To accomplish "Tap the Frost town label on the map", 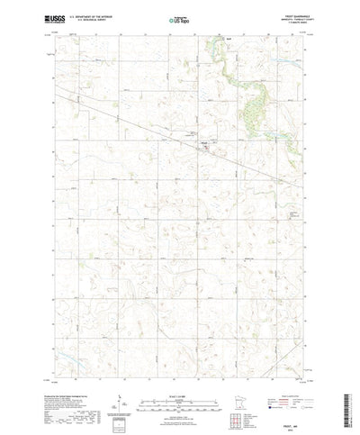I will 203,140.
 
